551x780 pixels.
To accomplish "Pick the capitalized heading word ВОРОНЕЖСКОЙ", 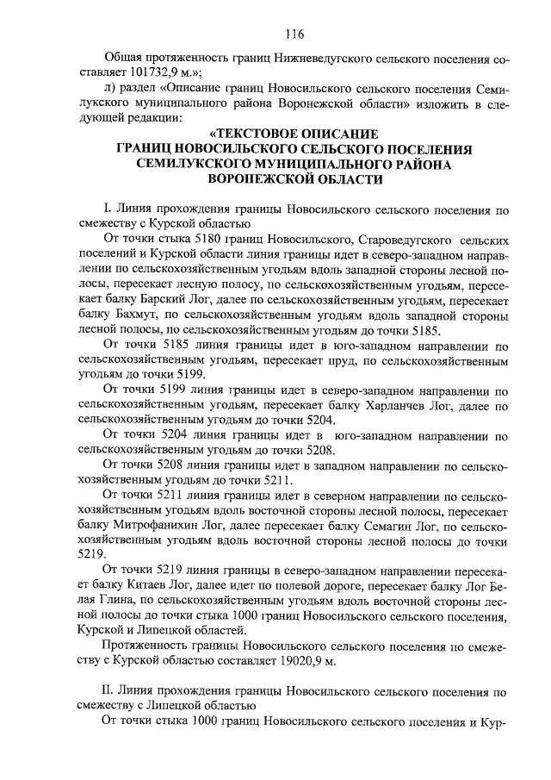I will tap(258, 178).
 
